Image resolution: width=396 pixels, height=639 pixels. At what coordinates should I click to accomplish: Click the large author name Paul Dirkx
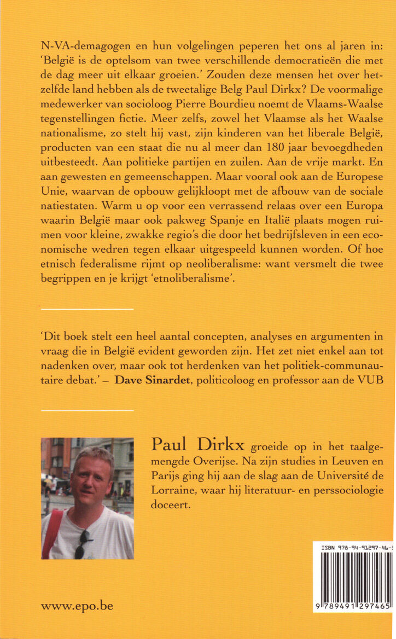point(197,446)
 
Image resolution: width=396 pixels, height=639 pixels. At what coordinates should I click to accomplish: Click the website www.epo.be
point(77,606)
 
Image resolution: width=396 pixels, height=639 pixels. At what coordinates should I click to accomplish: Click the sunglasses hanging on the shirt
point(81,545)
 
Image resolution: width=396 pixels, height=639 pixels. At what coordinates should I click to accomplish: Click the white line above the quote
point(87,310)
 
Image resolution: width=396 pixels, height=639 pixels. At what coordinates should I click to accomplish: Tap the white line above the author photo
point(87,410)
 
